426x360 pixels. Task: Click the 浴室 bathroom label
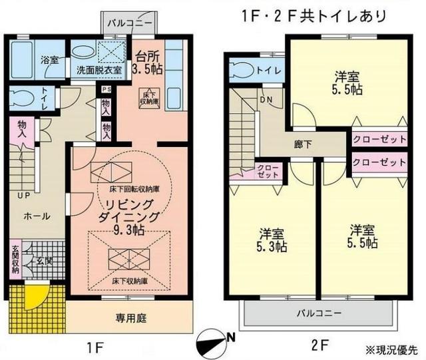point(49,59)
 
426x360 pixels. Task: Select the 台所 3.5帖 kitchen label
point(146,61)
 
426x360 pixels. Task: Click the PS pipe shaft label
point(105,89)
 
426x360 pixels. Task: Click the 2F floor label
point(320,346)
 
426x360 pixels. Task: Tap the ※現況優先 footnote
point(393,349)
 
